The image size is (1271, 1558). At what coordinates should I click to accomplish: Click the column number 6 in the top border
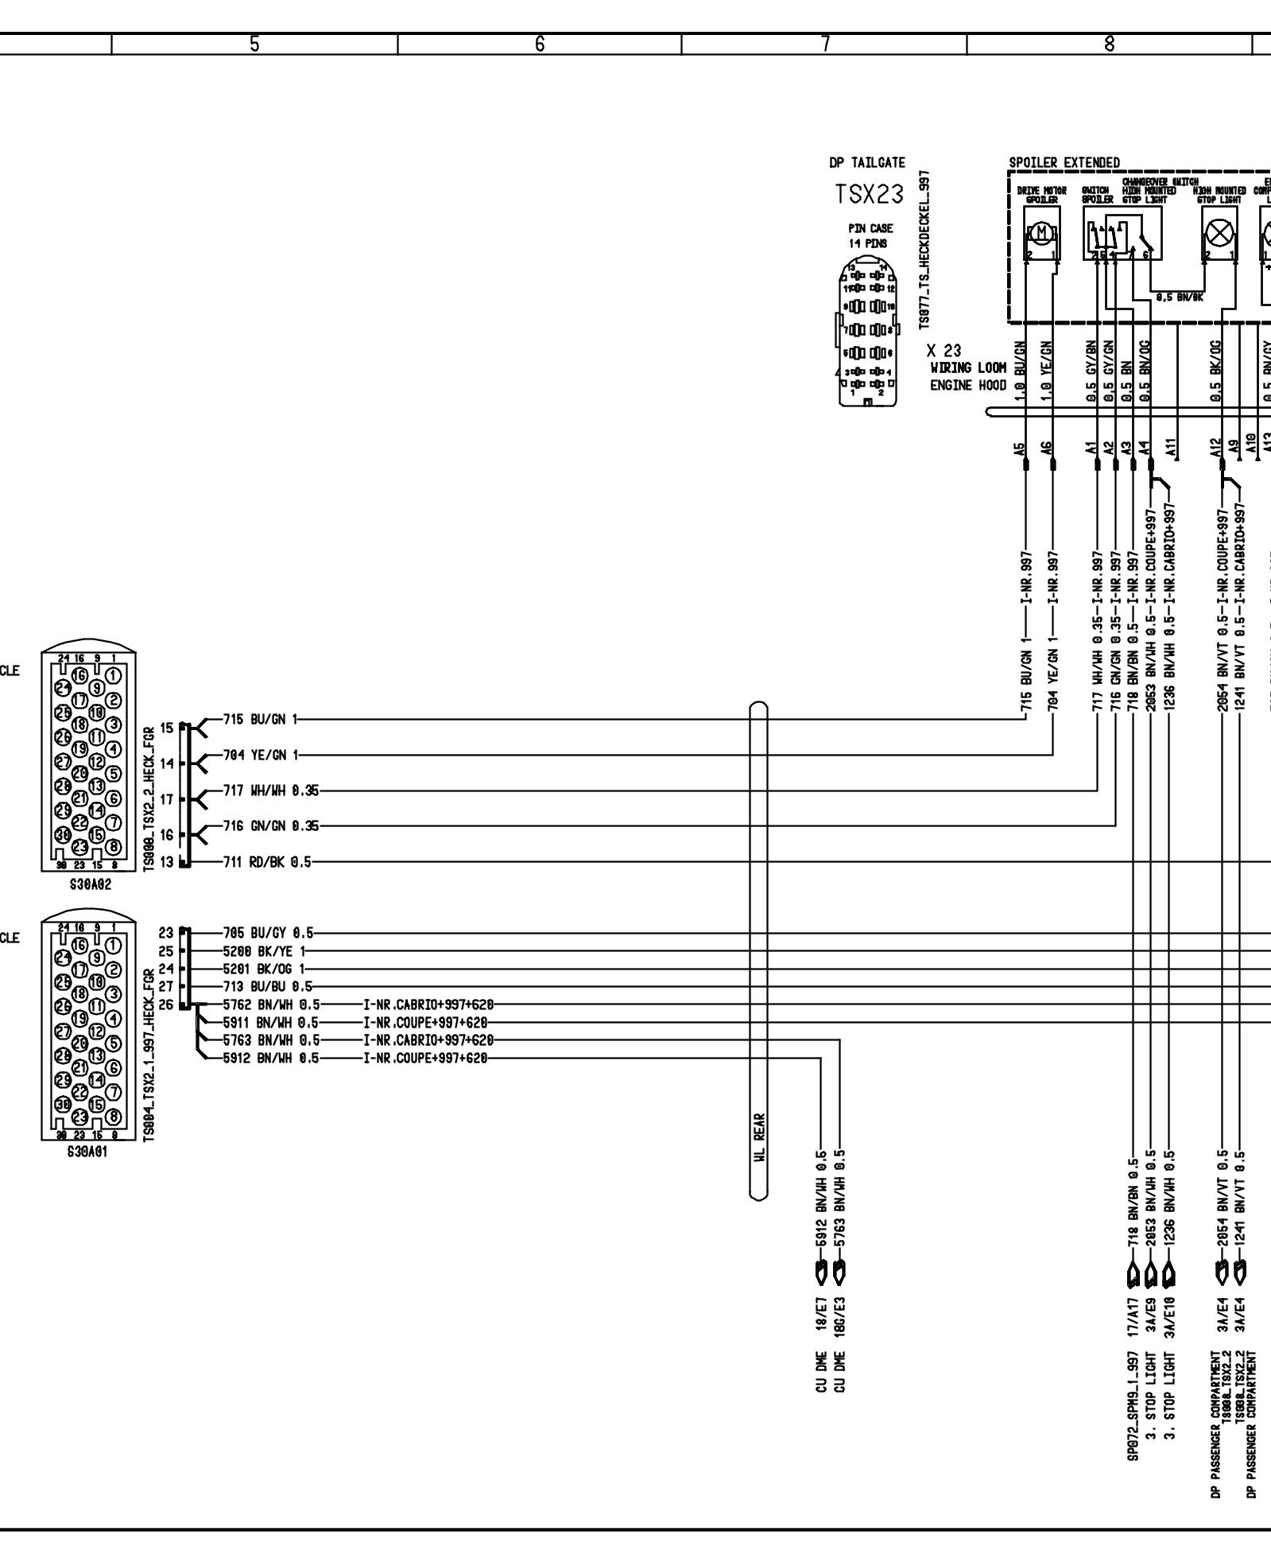point(539,45)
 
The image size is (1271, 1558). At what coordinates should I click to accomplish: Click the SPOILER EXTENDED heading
point(1064,162)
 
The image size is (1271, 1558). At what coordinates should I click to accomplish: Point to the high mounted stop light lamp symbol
point(1219,234)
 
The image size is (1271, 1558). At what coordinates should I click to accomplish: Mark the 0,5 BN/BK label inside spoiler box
point(1180,297)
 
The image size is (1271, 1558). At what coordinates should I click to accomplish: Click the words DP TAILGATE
point(866,162)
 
